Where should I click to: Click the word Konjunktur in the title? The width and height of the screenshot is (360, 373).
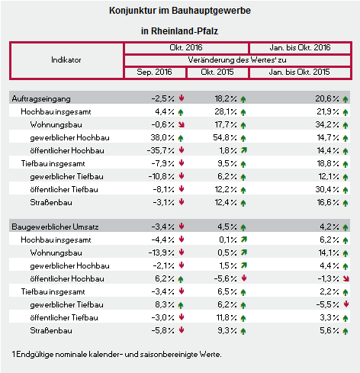(x=133, y=11)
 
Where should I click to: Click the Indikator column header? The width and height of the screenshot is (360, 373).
(x=66, y=60)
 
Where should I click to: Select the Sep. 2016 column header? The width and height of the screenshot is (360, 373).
(x=154, y=72)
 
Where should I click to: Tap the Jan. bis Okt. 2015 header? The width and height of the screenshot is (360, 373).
(x=299, y=72)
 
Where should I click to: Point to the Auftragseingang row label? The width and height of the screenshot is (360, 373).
(x=41, y=98)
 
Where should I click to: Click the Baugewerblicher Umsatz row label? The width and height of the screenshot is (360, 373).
(x=55, y=227)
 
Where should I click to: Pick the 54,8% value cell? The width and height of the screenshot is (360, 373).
(x=225, y=137)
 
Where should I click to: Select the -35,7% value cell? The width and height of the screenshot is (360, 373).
(x=160, y=150)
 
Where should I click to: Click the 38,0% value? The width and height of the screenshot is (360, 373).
(x=162, y=137)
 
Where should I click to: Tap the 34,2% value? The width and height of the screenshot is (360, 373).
(x=327, y=124)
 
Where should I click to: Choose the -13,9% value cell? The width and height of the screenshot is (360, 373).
(x=162, y=252)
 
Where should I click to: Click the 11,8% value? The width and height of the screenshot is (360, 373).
(x=227, y=317)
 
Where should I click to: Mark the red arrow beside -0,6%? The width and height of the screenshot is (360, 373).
(x=182, y=124)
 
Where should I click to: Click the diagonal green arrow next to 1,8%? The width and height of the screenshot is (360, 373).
(x=244, y=150)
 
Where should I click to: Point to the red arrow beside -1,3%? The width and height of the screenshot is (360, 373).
(x=346, y=278)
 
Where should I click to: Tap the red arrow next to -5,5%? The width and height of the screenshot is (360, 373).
(x=346, y=304)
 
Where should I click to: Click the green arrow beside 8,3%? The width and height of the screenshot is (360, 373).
(x=181, y=305)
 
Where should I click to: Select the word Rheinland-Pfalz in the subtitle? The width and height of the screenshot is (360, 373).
(x=185, y=31)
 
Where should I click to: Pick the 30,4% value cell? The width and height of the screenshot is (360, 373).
(x=327, y=189)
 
